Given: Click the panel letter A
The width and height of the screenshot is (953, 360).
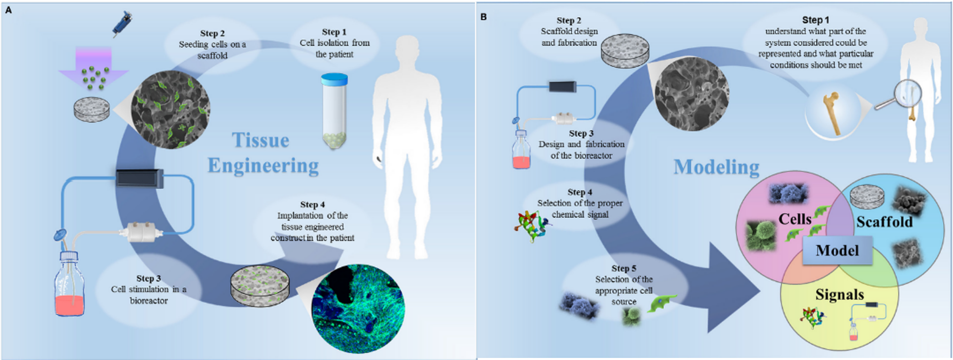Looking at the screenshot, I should [8, 10].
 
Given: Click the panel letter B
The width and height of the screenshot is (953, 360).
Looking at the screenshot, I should [483, 17].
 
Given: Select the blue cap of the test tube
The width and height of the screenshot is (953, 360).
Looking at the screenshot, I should [334, 79].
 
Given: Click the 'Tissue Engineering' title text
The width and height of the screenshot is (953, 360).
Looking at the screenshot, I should [262, 153].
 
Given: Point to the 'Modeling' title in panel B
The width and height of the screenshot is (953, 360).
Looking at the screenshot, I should [716, 167].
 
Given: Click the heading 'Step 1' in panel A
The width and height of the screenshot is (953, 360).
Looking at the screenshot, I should [334, 32].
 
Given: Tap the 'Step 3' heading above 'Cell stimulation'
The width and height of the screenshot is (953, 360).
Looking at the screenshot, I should [148, 278].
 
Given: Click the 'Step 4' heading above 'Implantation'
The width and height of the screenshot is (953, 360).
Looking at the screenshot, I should [312, 204].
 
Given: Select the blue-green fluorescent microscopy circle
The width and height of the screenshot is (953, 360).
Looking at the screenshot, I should [358, 309].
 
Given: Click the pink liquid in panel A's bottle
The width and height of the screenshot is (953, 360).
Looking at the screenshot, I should [69, 305].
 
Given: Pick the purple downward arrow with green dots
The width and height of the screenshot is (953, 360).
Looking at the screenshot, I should [93, 68].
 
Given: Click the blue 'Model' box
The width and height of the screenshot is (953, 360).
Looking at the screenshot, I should [837, 250].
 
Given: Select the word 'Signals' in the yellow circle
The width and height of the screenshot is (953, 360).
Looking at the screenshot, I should [840, 294].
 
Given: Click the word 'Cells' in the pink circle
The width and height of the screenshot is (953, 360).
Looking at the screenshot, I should [794, 219].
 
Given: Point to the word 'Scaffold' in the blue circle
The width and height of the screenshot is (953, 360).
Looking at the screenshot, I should [884, 222].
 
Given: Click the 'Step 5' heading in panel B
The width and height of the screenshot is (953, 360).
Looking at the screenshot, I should [623, 268].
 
